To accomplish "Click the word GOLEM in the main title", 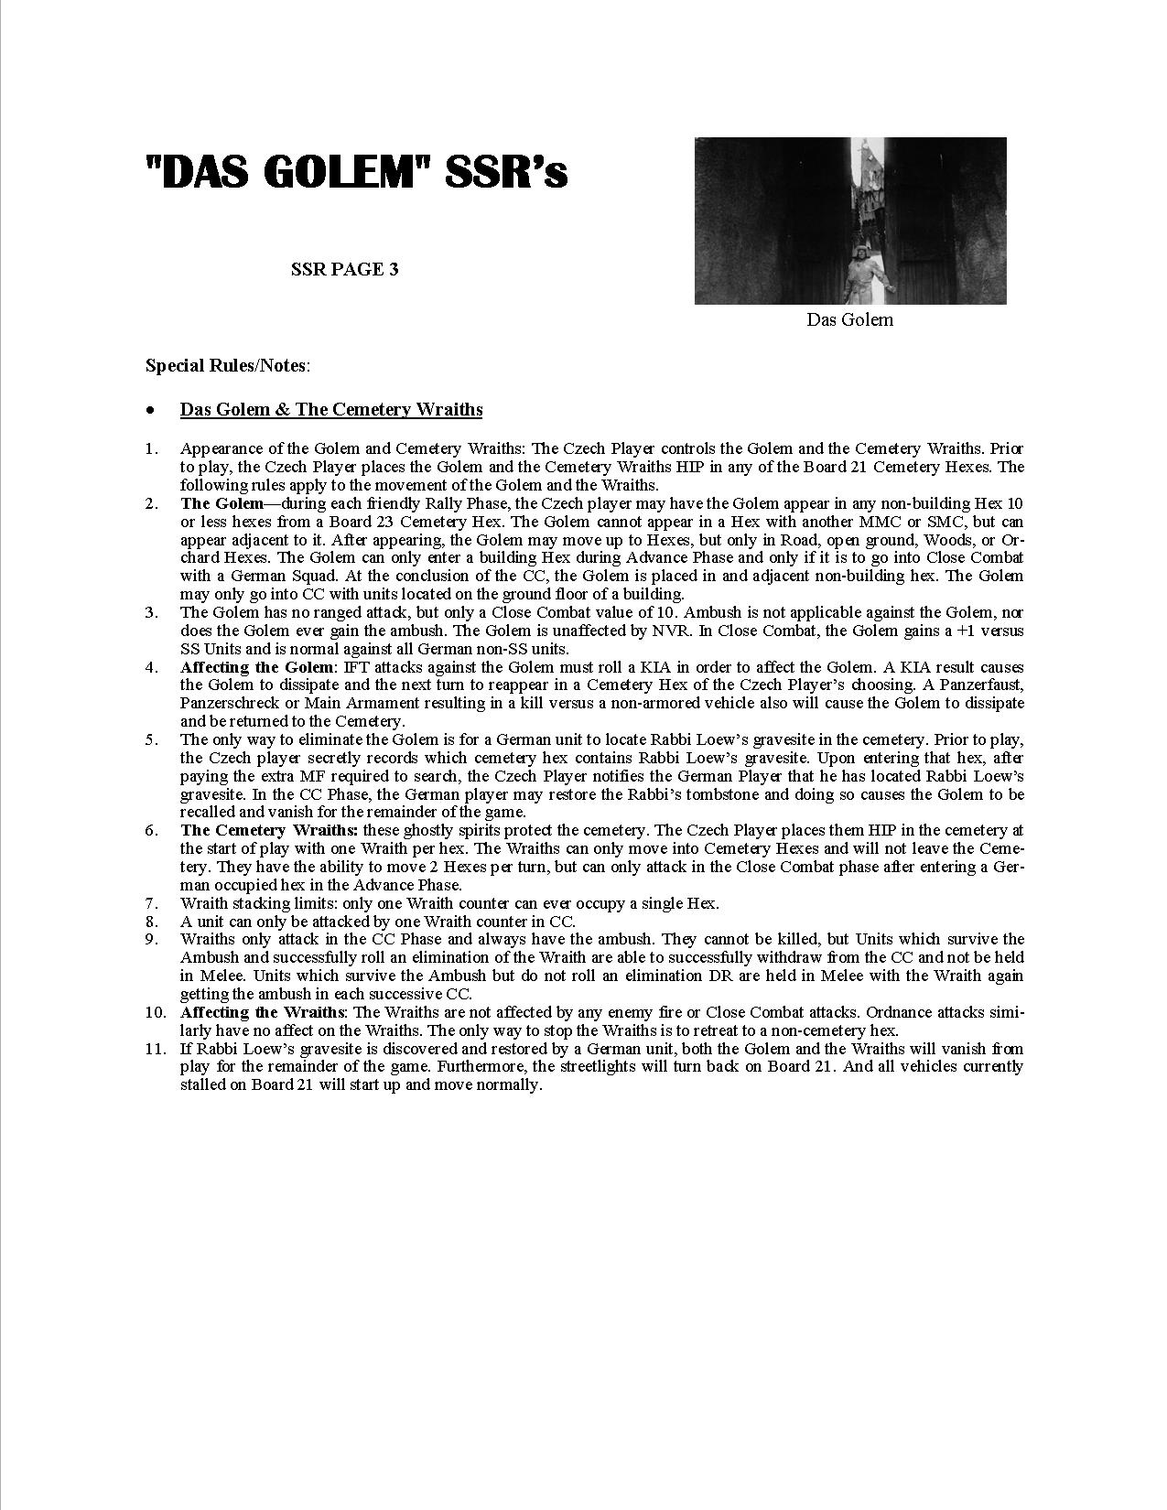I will pos(352,171).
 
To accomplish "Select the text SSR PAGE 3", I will pos(344,270).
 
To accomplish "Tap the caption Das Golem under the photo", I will pos(849,319).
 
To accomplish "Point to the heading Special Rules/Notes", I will pos(228,366).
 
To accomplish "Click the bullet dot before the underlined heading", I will pos(150,410).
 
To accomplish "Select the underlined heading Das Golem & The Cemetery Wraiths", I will pos(331,410).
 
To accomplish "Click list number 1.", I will pos(151,449).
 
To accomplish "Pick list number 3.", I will pos(151,612).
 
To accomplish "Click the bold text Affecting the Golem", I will pos(258,667).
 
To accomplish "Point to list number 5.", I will pos(151,739).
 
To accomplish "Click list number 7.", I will pos(151,903).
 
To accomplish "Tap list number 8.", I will pos(151,922).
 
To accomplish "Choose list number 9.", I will pos(151,939).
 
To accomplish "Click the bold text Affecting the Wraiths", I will pos(263,1012).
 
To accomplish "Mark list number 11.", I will pos(155,1049).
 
